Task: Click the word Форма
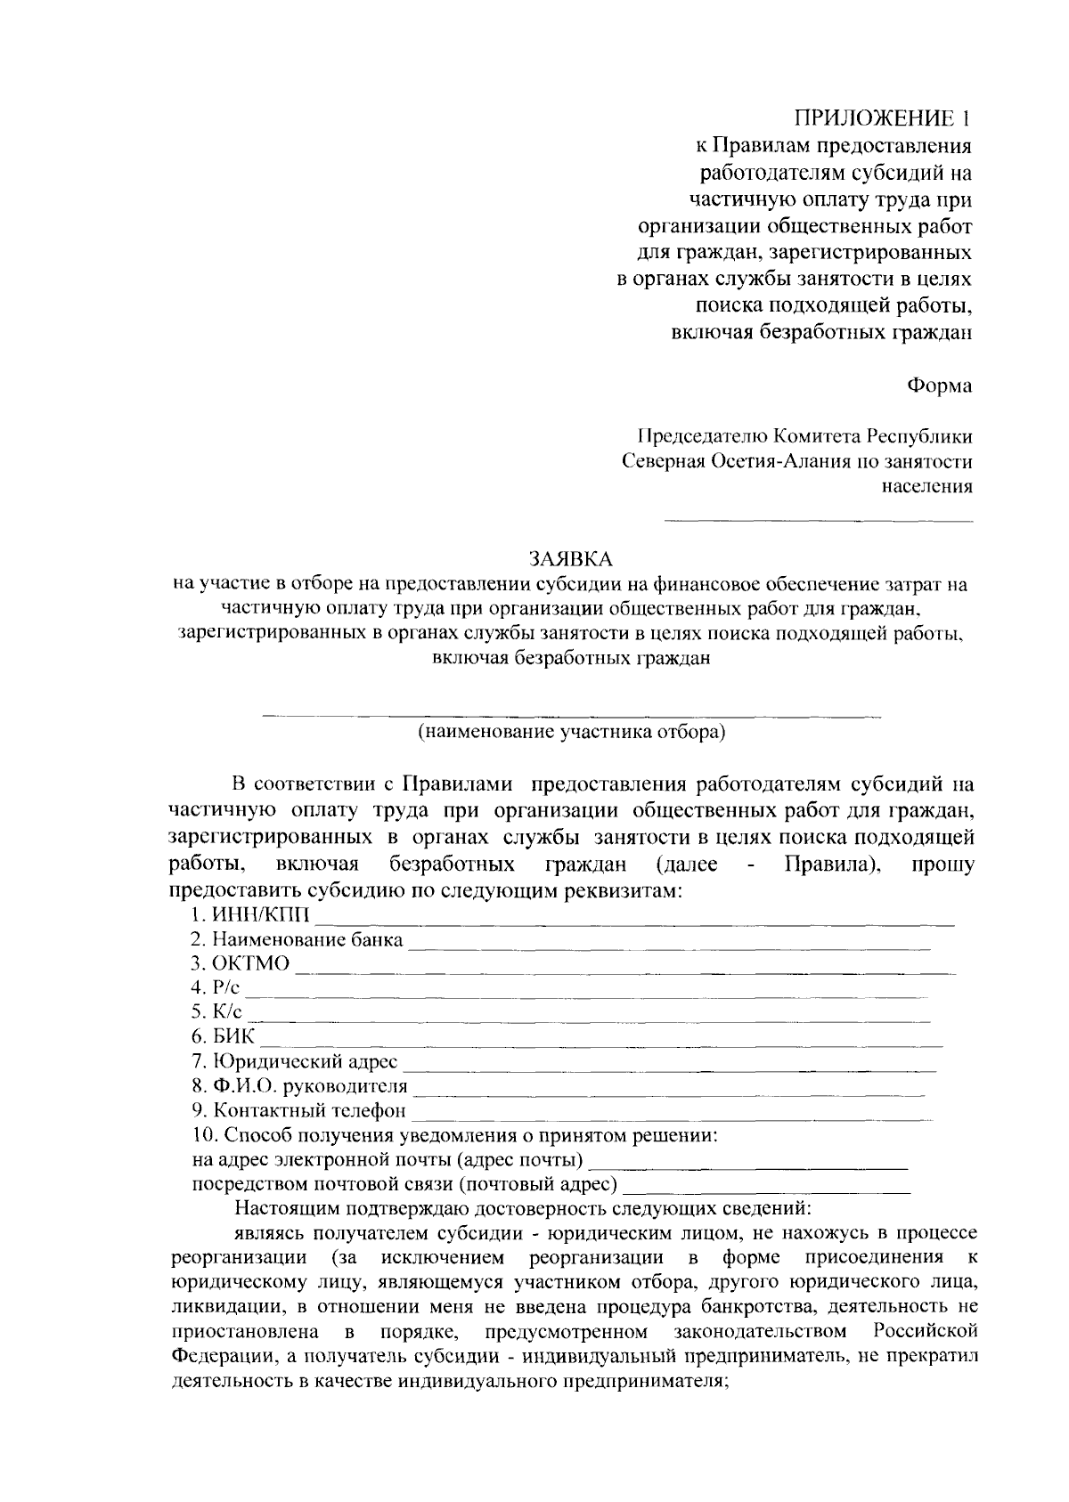(x=939, y=386)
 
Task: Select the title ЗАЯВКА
(x=571, y=559)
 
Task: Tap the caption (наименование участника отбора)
(x=572, y=733)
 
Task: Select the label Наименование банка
(x=306, y=939)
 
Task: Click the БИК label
(x=234, y=1037)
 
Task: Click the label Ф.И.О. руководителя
(x=309, y=1086)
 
